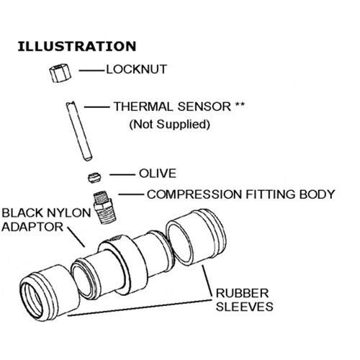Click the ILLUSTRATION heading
tap(77, 46)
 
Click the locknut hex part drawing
tap(60, 73)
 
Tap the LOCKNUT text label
tap(136, 69)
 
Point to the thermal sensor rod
tap(79, 131)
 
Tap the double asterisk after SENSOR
tap(240, 104)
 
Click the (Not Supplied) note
tap(170, 125)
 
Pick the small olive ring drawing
tap(94, 178)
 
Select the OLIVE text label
tap(158, 174)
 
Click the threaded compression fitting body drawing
tap(104, 207)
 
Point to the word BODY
tap(317, 194)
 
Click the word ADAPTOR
tap(32, 227)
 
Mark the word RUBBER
tap(242, 293)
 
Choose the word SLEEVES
tap(245, 307)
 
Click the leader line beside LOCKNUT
tap(92, 71)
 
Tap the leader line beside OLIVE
tap(122, 174)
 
